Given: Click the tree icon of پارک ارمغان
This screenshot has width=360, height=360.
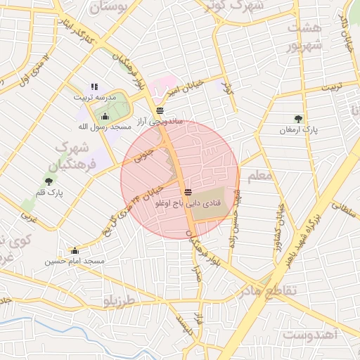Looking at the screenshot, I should click(x=300, y=119).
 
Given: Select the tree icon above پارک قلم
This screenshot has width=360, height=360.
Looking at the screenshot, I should click(x=49, y=181).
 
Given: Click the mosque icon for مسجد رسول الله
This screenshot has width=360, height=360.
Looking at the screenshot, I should click(x=105, y=116).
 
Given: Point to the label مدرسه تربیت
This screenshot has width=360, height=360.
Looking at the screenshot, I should click(x=95, y=98).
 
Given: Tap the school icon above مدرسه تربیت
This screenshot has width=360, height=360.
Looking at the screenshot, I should click(x=94, y=87).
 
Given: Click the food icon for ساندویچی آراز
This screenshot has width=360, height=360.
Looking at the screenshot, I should click(x=160, y=110).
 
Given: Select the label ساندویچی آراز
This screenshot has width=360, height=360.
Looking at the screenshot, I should click(x=161, y=122).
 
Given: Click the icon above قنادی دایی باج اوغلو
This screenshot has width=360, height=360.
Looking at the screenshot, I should click(x=187, y=192).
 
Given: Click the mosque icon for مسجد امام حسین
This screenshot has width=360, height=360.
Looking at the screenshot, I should click(x=75, y=250).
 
